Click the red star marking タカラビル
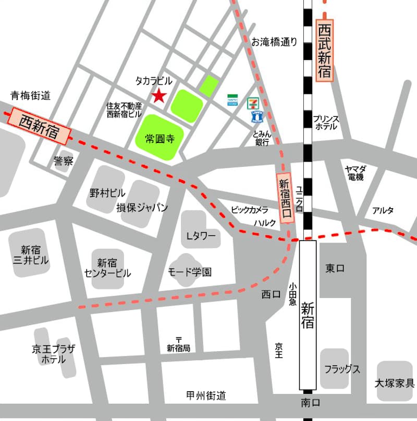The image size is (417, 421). point(158,96)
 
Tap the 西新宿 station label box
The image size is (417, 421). point(40,126)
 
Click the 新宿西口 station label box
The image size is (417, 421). point(284,198)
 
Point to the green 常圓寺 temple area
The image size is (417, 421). point(160,139)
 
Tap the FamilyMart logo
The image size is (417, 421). point(233,100)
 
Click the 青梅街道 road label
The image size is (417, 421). point(31,95)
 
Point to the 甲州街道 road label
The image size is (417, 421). point(206,395)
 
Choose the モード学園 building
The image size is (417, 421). point(189,271)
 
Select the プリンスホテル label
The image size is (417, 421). point(326,123)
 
